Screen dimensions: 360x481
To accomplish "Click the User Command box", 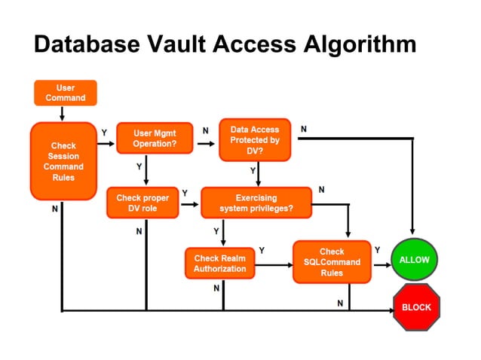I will pos(66,93).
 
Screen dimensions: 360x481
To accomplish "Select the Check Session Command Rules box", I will pos(63,161).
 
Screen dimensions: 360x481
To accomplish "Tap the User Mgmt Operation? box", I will pos(154,139).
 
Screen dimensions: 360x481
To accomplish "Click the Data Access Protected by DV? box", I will pos(254,139).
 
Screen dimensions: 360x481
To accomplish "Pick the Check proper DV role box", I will pos(142,203).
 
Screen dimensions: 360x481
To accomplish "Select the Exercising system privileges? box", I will pos(256,203).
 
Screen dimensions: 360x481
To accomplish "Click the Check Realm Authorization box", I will pos(219,263).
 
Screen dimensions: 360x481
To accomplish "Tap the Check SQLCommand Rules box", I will pos(332,262).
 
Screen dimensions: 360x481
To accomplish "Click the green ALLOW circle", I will pos(414,260).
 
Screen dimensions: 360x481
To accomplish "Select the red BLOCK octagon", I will pos(416,307).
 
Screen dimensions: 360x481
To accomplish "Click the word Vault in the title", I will pos(191,44).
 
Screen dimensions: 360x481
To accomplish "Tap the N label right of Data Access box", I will pos(304,130).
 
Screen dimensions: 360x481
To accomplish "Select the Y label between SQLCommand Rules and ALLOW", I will pos(377,249).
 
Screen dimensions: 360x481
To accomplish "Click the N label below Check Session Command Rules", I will pos(54,209).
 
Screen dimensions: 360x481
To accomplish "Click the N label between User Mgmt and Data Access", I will pos(206,130).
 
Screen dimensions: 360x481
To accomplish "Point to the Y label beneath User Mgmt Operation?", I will pos(139,166).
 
